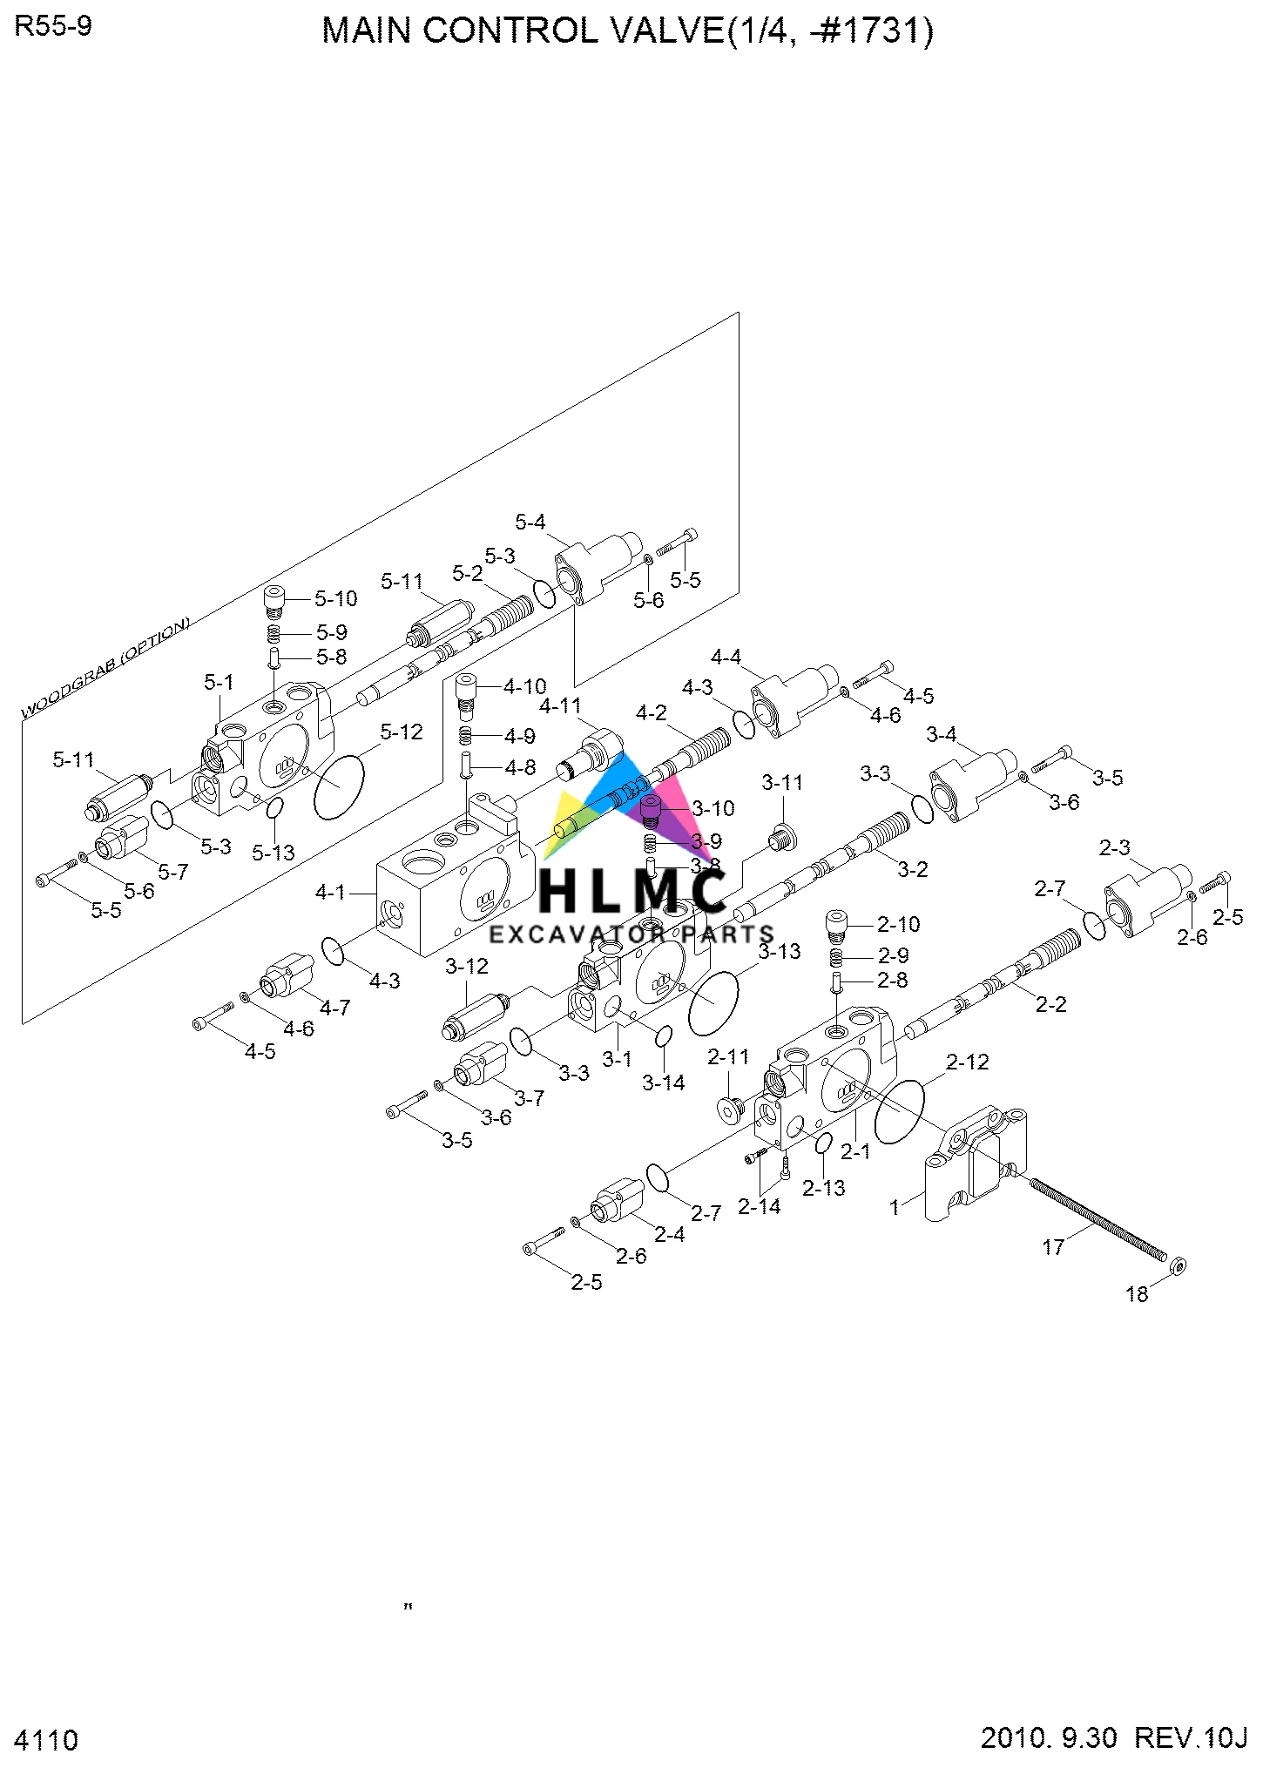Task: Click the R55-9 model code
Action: click(53, 27)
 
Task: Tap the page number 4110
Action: click(46, 1740)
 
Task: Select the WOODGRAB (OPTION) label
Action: click(105, 668)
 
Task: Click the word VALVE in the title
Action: click(665, 31)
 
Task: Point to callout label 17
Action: click(1053, 1247)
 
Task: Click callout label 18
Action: click(1137, 1294)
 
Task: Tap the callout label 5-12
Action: click(401, 732)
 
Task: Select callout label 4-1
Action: click(330, 892)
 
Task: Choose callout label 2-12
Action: click(967, 1062)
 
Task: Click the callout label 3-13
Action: click(779, 951)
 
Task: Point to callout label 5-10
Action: click(335, 598)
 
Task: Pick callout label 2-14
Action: click(759, 1206)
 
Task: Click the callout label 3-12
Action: click(467, 966)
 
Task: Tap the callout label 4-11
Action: click(560, 705)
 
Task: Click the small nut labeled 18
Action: click(1178, 1265)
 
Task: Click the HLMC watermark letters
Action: click(632, 891)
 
